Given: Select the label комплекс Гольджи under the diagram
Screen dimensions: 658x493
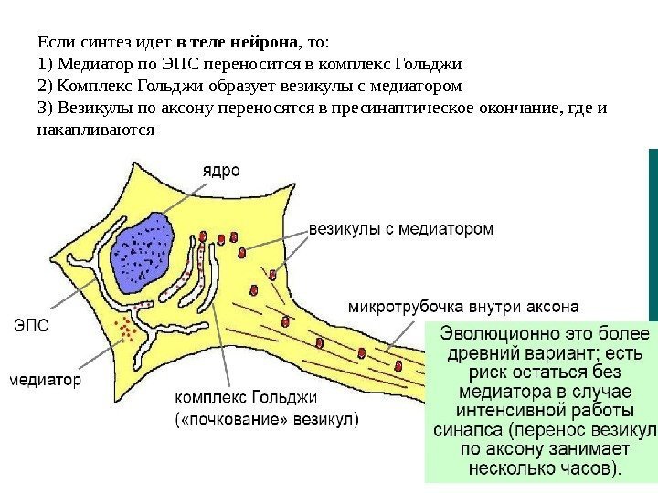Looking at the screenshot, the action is point(245,398).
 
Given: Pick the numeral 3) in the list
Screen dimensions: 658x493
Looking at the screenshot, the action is point(45,109).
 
